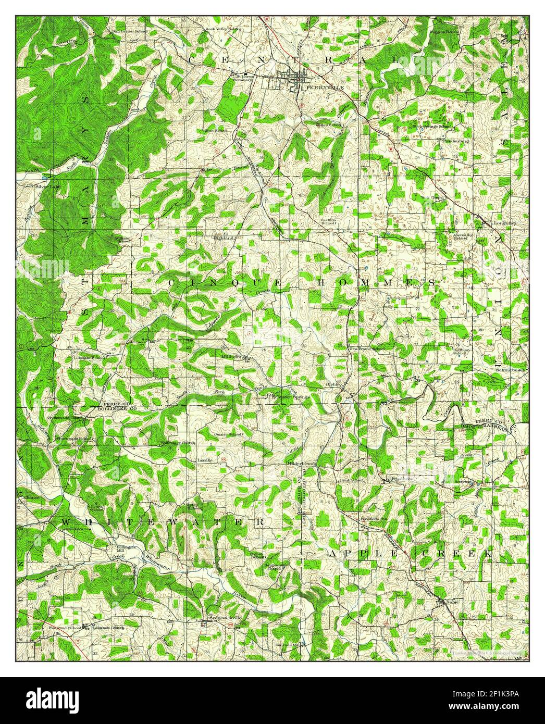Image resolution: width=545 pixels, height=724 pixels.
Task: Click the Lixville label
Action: coord(205,460)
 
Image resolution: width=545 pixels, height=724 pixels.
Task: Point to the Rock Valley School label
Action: coord(222,29)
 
